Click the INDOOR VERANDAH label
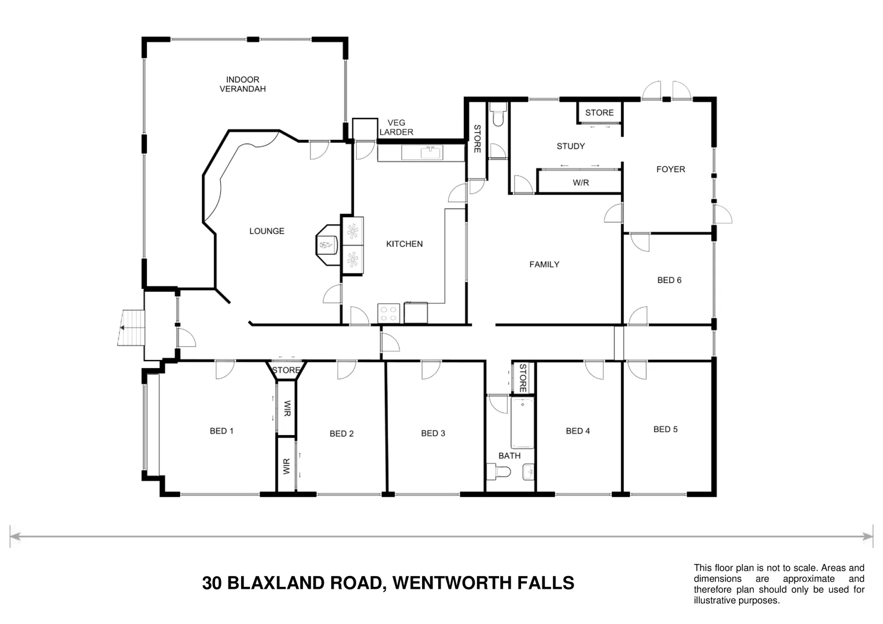pos(242,84)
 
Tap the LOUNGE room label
pos(267,231)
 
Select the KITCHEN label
pos(404,244)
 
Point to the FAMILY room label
pos(544,265)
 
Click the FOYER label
pos(670,169)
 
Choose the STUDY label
pos(570,146)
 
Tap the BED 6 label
pos(669,280)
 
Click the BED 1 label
pos(221,431)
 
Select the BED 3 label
pos(433,433)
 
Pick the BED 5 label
pos(665,429)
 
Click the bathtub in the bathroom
pos(522,422)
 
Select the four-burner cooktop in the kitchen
pos(389,313)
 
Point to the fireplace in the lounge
pos(328,245)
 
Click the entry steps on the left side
pos(131,328)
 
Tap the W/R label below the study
pos(581,183)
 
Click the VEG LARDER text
pos(396,127)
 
